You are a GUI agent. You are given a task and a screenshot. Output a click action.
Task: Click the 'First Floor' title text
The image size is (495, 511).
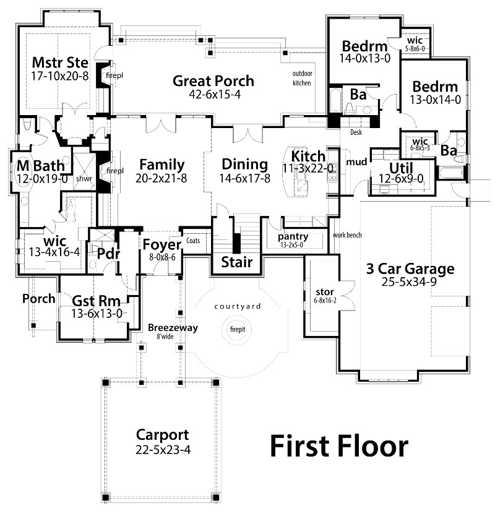click(339, 446)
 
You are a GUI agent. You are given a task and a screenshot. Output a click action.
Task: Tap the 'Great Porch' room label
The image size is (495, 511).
click(213, 81)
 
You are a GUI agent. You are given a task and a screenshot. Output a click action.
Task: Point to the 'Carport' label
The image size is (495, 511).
click(163, 435)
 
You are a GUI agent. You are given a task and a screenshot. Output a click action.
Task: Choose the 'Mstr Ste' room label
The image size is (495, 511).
click(60, 62)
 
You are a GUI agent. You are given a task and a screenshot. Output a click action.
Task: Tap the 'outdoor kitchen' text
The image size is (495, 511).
click(301, 78)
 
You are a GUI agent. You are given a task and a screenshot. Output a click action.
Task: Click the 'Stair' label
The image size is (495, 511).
click(238, 262)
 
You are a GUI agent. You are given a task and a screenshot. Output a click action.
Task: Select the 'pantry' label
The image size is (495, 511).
click(293, 236)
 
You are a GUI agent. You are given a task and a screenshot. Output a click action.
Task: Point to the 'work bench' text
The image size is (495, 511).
click(347, 235)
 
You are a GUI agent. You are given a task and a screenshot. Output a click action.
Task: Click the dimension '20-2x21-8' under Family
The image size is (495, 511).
click(161, 178)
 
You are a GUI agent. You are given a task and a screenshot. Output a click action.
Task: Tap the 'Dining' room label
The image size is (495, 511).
click(244, 165)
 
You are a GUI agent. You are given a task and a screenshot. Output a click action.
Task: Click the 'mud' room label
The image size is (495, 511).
click(356, 163)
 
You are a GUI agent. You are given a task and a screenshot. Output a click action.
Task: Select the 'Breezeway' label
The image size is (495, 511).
click(173, 328)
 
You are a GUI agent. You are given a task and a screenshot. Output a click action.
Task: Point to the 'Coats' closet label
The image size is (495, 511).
click(193, 241)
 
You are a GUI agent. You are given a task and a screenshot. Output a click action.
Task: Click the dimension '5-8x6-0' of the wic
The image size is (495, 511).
click(415, 48)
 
